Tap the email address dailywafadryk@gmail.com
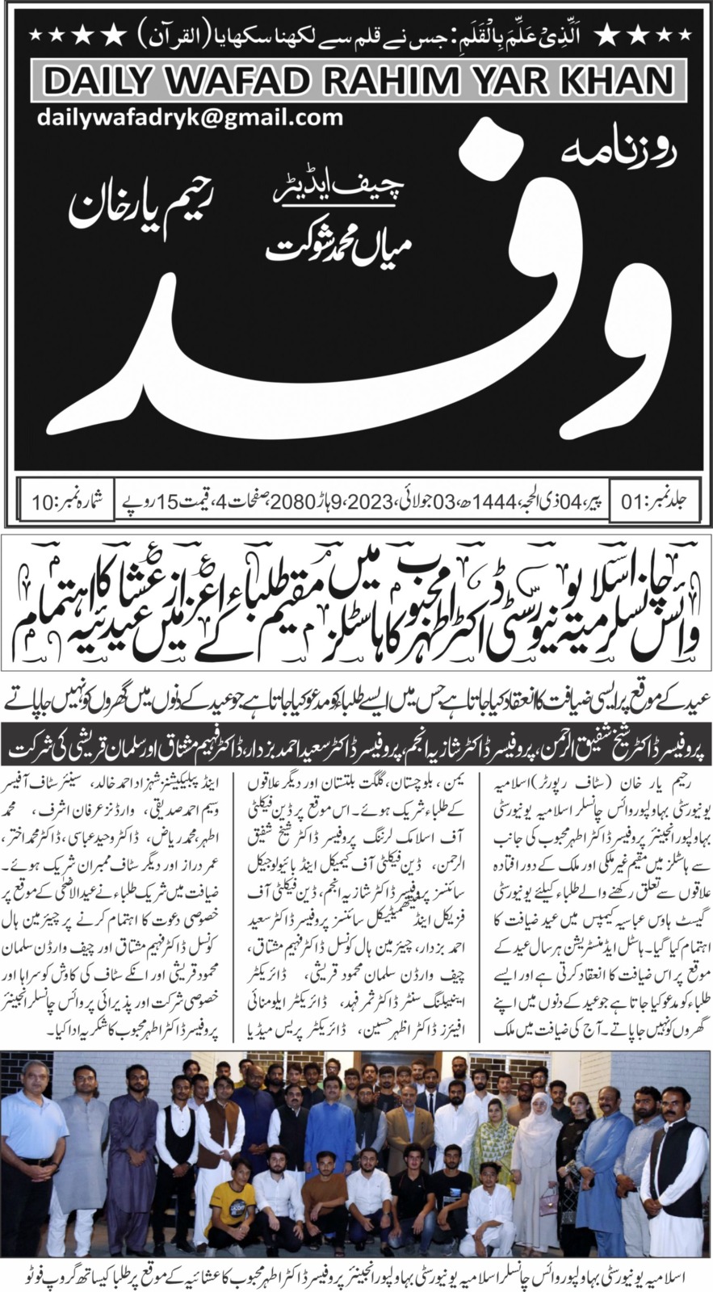point(190,118)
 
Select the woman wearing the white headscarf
point(535,1114)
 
